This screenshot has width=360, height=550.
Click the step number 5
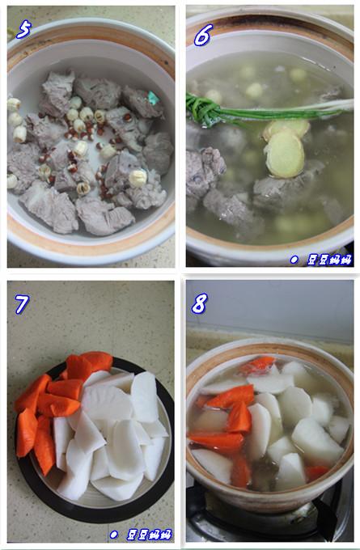(x=24, y=31)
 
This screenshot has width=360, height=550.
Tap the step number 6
(x=203, y=33)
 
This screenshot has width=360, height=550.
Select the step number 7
(x=22, y=304)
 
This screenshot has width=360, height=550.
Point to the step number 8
(x=199, y=303)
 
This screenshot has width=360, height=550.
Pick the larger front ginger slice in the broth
(x=285, y=154)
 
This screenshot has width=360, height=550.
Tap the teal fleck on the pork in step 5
(x=153, y=99)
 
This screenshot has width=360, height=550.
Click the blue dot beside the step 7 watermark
(x=113, y=535)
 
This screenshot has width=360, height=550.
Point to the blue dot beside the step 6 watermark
(x=294, y=260)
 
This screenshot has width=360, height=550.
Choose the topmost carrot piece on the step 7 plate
(x=96, y=361)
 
